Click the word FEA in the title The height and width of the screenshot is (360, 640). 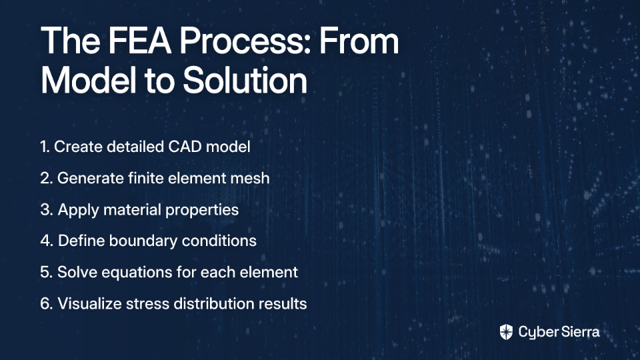coord(139,41)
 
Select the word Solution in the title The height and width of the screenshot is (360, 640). coord(245,80)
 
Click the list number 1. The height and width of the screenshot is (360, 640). coord(45,147)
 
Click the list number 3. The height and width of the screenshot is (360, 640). coord(46,209)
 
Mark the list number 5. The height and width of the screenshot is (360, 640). coord(46,272)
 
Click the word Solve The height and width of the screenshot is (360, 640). coord(77,272)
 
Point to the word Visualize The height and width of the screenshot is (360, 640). coord(89,303)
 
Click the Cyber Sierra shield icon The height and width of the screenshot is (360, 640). coord(506,332)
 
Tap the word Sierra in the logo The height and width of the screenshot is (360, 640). coord(579,332)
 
